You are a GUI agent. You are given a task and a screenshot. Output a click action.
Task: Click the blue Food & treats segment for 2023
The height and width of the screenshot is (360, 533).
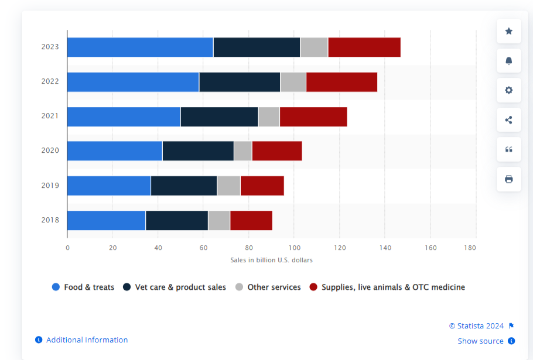click(x=140, y=47)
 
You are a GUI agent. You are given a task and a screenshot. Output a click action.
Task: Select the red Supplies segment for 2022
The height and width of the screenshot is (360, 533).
click(x=341, y=82)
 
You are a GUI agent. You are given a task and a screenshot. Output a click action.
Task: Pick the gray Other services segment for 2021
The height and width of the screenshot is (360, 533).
click(x=269, y=116)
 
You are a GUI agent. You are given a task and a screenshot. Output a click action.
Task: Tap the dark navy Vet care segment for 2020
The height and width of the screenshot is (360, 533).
click(x=198, y=151)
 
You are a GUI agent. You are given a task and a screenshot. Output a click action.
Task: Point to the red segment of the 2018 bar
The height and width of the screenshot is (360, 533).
click(x=251, y=220)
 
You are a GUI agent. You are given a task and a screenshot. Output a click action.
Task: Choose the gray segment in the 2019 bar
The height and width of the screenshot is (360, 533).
click(x=228, y=186)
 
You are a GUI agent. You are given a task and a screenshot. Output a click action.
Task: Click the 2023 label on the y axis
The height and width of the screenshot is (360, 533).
click(x=50, y=47)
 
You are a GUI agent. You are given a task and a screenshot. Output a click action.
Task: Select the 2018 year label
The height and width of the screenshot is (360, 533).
click(x=50, y=220)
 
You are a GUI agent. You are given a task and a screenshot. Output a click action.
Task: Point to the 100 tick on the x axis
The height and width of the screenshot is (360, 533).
click(x=294, y=248)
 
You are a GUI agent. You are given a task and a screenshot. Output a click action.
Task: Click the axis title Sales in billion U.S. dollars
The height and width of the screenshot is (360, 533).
click(x=271, y=260)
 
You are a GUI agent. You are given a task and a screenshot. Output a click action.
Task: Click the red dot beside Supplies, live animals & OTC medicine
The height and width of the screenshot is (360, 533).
click(x=313, y=287)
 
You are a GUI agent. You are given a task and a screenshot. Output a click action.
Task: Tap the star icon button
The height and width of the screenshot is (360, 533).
click(x=508, y=31)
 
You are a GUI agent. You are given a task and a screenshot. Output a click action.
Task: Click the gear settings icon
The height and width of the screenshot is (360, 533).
click(x=508, y=90)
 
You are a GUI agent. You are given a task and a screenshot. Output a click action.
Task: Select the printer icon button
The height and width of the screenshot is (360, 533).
click(x=508, y=179)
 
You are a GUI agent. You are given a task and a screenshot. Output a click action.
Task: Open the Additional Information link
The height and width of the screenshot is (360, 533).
click(x=87, y=340)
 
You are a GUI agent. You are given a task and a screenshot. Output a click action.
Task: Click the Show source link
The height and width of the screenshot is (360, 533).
click(x=480, y=341)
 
